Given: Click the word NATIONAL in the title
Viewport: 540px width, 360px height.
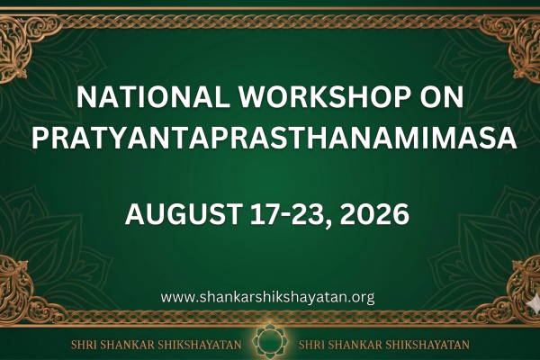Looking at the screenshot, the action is [153, 97].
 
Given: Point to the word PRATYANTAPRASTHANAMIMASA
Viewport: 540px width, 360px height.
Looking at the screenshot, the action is [274, 138].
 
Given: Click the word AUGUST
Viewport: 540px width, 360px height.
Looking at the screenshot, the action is [184, 214].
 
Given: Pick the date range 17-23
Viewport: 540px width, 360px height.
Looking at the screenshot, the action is [288, 214].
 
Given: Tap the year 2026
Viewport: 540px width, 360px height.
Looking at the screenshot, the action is [374, 214].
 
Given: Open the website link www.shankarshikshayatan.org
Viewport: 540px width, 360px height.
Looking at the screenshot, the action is [267, 297].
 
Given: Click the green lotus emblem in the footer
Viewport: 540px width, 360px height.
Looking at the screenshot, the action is [270, 342].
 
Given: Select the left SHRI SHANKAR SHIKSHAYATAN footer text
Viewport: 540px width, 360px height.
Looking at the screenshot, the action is [156, 345].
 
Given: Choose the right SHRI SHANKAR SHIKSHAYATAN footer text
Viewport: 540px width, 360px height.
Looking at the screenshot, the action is [384, 345].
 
